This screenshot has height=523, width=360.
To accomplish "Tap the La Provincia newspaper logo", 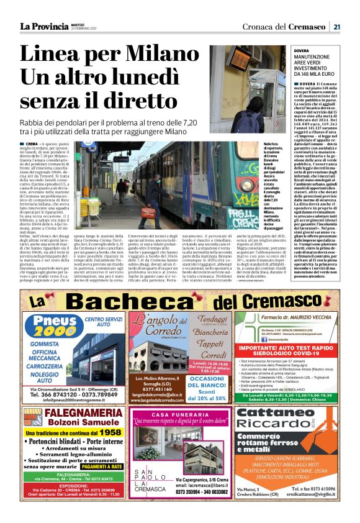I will tap(44, 26).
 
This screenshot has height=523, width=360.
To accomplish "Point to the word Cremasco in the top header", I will tap(311, 26).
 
